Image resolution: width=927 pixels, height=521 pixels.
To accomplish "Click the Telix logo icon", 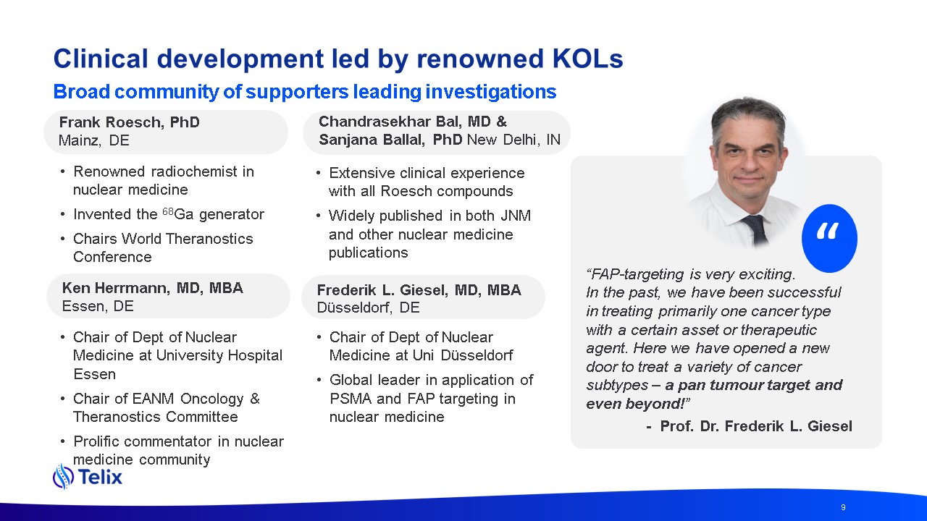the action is (63, 476).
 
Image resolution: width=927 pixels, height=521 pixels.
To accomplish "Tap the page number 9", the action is (843, 507).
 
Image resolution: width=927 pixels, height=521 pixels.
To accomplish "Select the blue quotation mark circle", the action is (829, 238).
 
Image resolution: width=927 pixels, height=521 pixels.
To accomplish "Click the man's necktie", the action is (755, 229).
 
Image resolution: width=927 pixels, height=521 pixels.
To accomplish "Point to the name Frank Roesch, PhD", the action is (129, 122).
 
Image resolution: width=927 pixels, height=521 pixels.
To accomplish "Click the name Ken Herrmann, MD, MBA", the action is (152, 288).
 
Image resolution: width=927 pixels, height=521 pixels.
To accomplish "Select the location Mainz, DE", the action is (94, 140).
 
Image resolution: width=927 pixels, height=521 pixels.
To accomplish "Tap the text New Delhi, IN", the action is (513, 140).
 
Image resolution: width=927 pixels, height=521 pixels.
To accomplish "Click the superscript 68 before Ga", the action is (168, 211).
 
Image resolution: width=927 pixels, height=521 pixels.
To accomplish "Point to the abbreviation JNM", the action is (516, 216).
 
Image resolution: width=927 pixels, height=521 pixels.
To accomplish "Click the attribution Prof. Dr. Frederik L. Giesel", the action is (756, 426).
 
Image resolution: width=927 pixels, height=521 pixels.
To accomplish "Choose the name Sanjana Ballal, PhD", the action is (390, 140).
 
